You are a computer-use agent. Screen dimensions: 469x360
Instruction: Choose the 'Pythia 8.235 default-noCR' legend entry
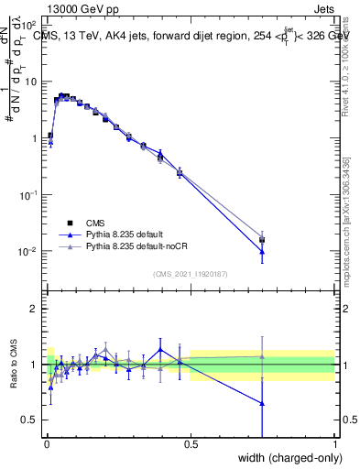click(136, 246)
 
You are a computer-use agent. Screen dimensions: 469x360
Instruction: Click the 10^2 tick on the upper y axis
click(30, 25)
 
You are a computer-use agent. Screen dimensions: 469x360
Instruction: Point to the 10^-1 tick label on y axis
click(30, 195)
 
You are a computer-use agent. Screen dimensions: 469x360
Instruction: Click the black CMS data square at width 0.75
click(262, 240)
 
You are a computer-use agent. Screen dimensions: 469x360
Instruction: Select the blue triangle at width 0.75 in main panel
click(262, 251)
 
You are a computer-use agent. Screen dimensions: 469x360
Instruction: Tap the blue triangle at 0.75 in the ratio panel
click(262, 403)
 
